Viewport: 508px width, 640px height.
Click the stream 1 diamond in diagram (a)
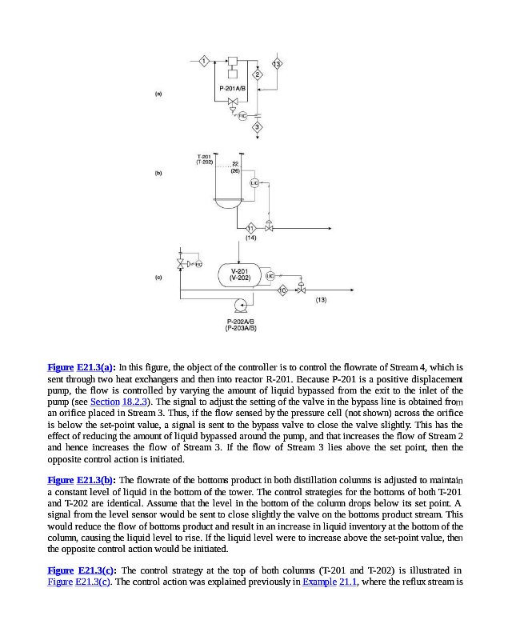[204, 62]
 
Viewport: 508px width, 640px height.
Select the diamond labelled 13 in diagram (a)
[277, 63]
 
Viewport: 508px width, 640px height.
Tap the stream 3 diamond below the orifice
[258, 126]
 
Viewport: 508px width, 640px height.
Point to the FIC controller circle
[242, 116]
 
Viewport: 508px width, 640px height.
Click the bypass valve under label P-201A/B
[232, 102]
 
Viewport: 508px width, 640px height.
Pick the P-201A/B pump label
[232, 86]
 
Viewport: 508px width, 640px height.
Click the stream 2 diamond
[258, 74]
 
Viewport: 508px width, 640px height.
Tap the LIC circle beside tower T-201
[254, 183]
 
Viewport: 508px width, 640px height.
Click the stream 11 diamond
[250, 228]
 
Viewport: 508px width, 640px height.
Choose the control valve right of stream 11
[270, 228]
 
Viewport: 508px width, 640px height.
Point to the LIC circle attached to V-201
[270, 275]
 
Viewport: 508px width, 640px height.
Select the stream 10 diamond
[282, 290]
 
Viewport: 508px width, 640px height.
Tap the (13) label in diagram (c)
[320, 299]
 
